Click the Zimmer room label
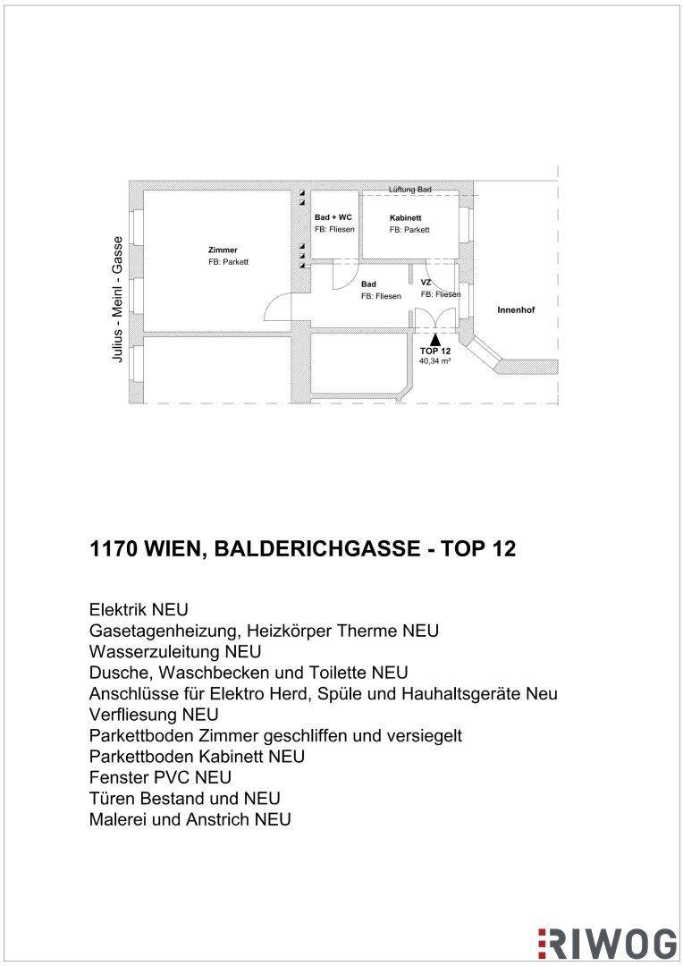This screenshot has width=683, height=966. (223, 250)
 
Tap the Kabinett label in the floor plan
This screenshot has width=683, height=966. (405, 218)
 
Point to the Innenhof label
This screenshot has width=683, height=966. (516, 309)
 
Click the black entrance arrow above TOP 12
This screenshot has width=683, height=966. (435, 340)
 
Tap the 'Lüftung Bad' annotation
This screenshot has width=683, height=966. (410, 190)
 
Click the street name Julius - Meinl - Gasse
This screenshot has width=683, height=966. (117, 299)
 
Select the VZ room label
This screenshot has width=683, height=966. (426, 282)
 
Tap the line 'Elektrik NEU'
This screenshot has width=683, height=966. (139, 610)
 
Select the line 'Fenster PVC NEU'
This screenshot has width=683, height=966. (160, 777)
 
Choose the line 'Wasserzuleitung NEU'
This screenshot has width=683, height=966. (175, 652)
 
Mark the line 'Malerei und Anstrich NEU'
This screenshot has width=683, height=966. (190, 819)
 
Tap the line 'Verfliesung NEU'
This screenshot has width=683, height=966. (154, 715)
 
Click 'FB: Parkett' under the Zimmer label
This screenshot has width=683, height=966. (228, 262)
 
